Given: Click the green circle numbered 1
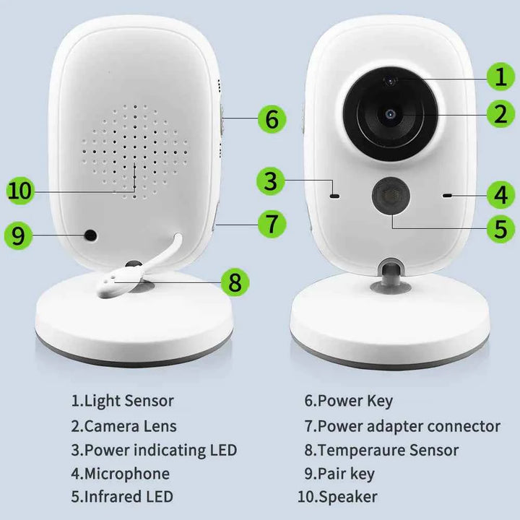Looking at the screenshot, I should click(x=500, y=76).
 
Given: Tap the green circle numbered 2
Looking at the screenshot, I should click(x=500, y=113).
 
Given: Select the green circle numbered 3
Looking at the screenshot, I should click(x=269, y=181).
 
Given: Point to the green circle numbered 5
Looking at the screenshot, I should click(x=500, y=229).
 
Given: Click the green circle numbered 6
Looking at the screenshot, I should click(x=271, y=119).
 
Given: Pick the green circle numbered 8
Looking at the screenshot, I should click(x=235, y=282).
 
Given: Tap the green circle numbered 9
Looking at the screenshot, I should click(x=19, y=235).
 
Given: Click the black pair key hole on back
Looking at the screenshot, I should click(x=91, y=235).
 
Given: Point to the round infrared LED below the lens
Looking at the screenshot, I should click(x=390, y=196).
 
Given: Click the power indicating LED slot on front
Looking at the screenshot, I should click(x=334, y=195).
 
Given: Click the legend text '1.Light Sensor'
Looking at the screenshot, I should click(x=122, y=401).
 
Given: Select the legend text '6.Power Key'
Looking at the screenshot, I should click(x=348, y=401).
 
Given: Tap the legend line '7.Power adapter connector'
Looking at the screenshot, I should click(x=402, y=426).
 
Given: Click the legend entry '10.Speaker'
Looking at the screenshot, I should click(x=337, y=497).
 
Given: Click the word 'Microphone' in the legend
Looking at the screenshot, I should click(x=127, y=474).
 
